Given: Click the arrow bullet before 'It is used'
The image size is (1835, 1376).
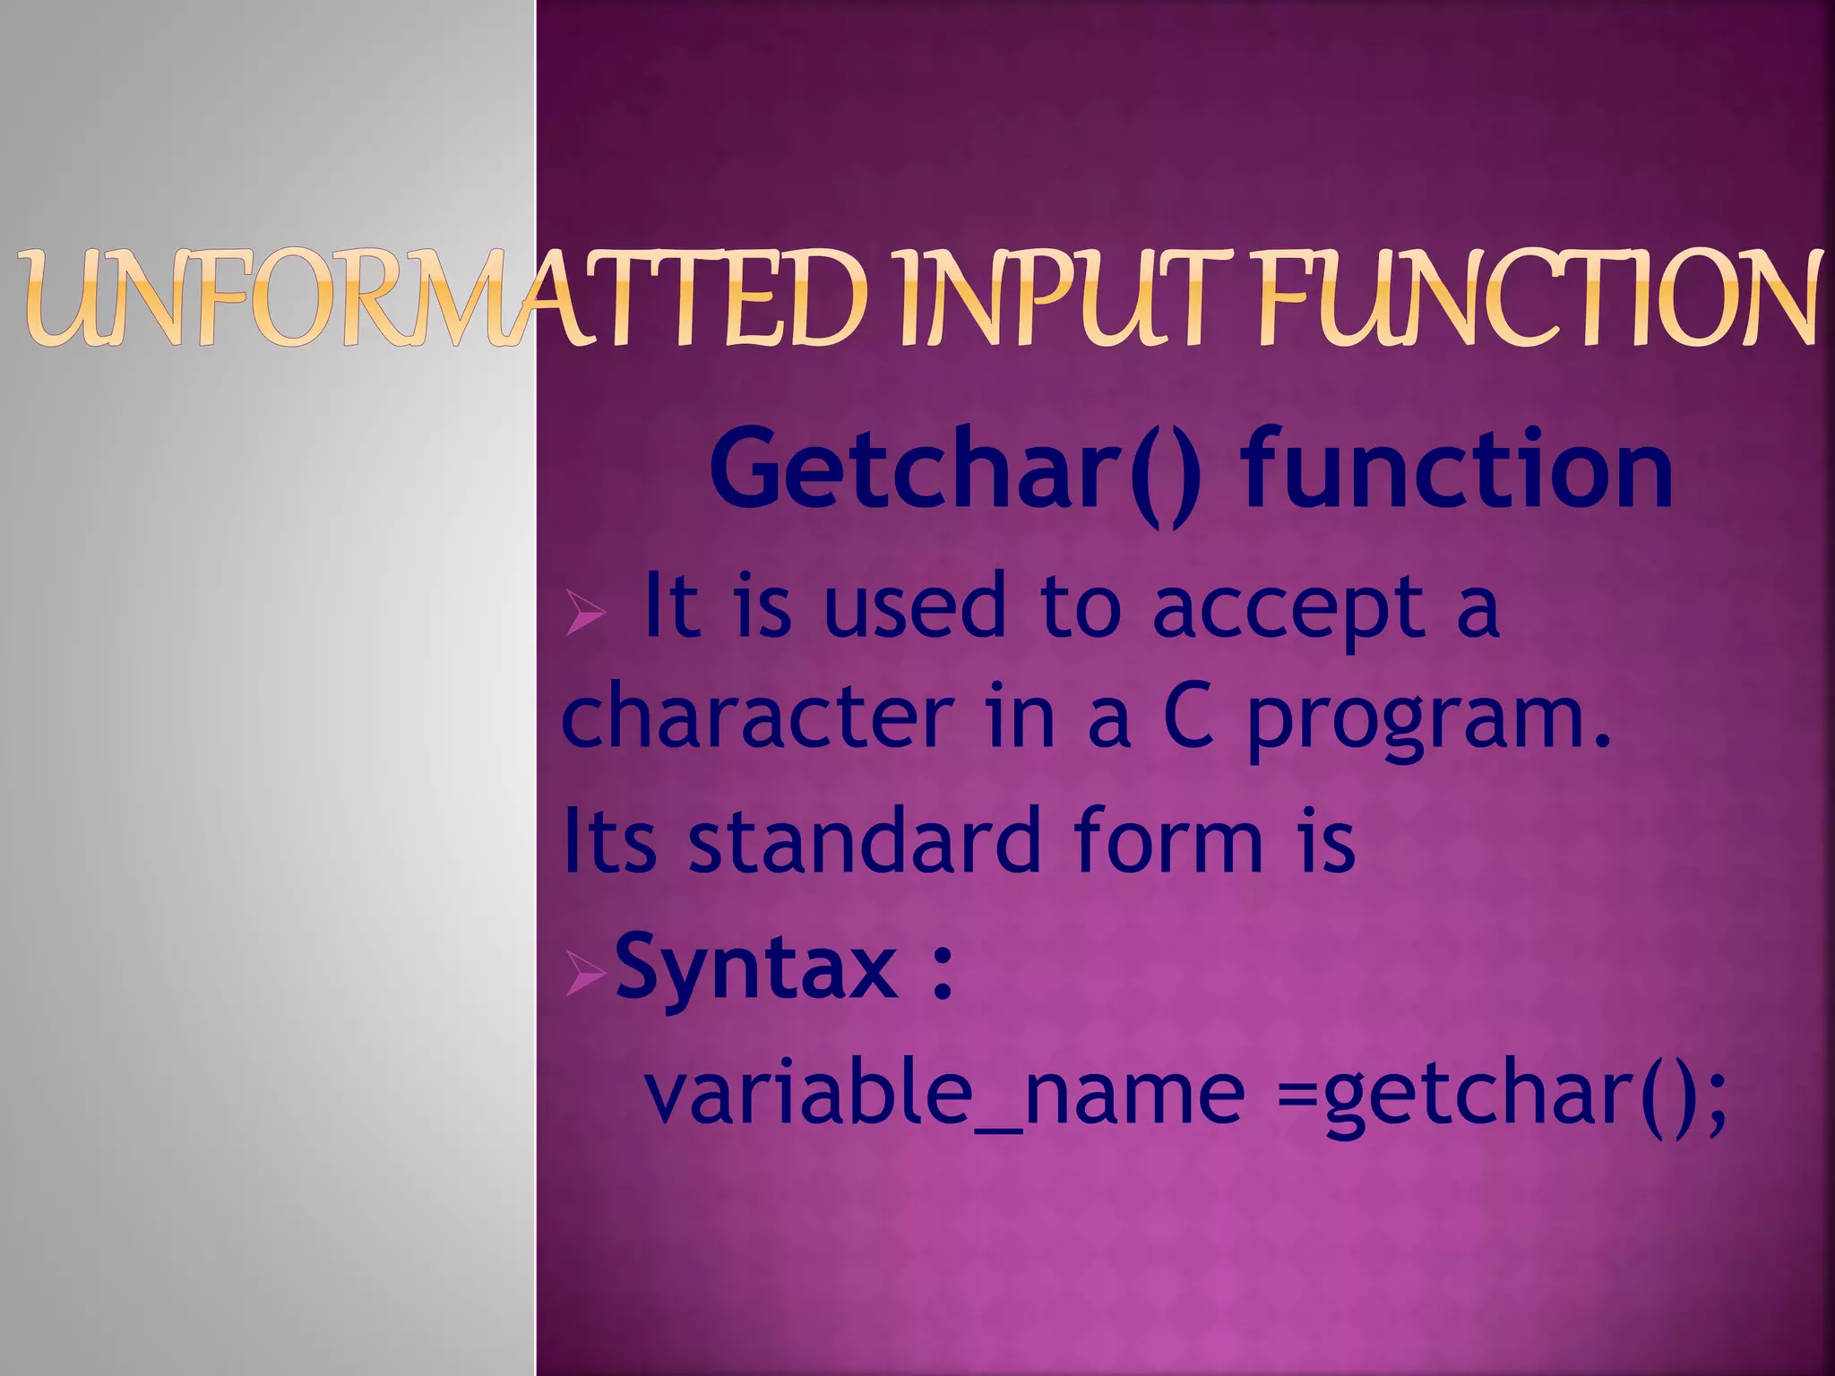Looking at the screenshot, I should click(x=585, y=615).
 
